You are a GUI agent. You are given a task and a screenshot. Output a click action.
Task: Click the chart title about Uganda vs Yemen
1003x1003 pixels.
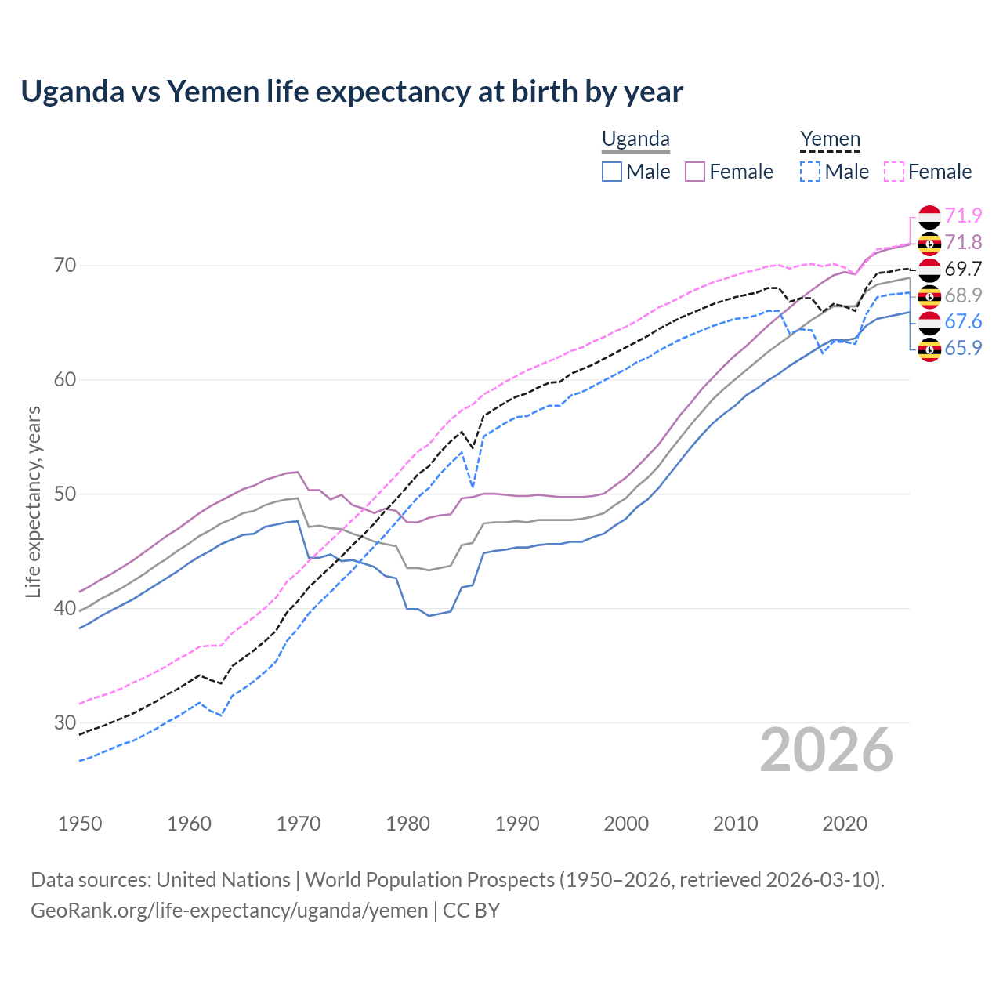(352, 92)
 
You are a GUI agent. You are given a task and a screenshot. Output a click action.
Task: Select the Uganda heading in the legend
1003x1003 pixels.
(635, 139)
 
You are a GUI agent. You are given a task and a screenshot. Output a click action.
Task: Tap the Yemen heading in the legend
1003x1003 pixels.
(830, 139)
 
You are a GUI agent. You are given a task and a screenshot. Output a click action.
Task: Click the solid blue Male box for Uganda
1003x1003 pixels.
(612, 172)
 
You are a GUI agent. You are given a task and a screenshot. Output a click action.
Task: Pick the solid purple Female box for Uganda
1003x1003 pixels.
(696, 172)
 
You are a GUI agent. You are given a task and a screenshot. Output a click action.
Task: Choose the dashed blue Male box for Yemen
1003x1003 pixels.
(810, 172)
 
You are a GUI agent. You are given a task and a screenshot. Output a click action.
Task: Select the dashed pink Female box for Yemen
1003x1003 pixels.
(894, 172)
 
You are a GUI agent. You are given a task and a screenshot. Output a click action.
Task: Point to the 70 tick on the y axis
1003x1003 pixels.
(65, 266)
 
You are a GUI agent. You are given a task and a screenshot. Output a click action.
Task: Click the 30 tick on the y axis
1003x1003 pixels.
(65, 722)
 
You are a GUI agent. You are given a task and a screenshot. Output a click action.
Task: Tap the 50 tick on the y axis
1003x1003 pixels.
(65, 494)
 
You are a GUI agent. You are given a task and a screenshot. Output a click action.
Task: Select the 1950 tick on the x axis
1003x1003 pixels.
(80, 824)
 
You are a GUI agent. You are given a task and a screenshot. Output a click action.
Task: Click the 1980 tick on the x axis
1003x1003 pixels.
(407, 824)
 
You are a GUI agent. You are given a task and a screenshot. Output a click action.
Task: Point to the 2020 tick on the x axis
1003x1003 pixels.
(845, 824)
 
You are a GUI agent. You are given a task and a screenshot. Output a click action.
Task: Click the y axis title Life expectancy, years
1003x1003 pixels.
(33, 501)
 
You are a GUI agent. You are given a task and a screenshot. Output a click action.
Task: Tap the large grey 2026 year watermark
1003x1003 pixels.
(827, 750)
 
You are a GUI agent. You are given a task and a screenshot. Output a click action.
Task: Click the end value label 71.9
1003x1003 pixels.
(963, 215)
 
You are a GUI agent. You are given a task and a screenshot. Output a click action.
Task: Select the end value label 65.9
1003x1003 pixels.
(963, 348)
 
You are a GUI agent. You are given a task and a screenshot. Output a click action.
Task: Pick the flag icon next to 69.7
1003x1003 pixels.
(929, 269)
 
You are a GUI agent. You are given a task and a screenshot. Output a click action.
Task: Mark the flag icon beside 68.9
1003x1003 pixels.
(929, 295)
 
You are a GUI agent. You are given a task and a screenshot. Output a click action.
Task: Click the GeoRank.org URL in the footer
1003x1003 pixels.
(229, 911)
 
